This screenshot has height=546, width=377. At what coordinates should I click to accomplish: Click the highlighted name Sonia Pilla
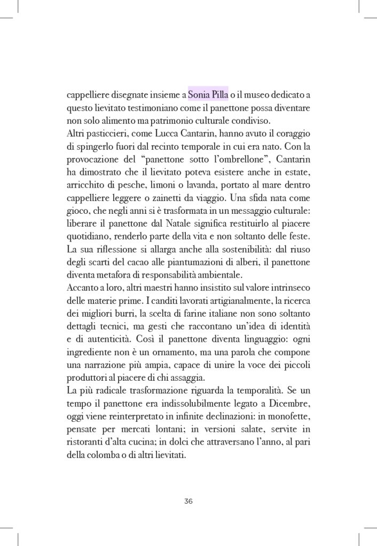point(208,95)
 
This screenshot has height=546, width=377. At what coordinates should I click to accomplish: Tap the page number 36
point(189,501)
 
